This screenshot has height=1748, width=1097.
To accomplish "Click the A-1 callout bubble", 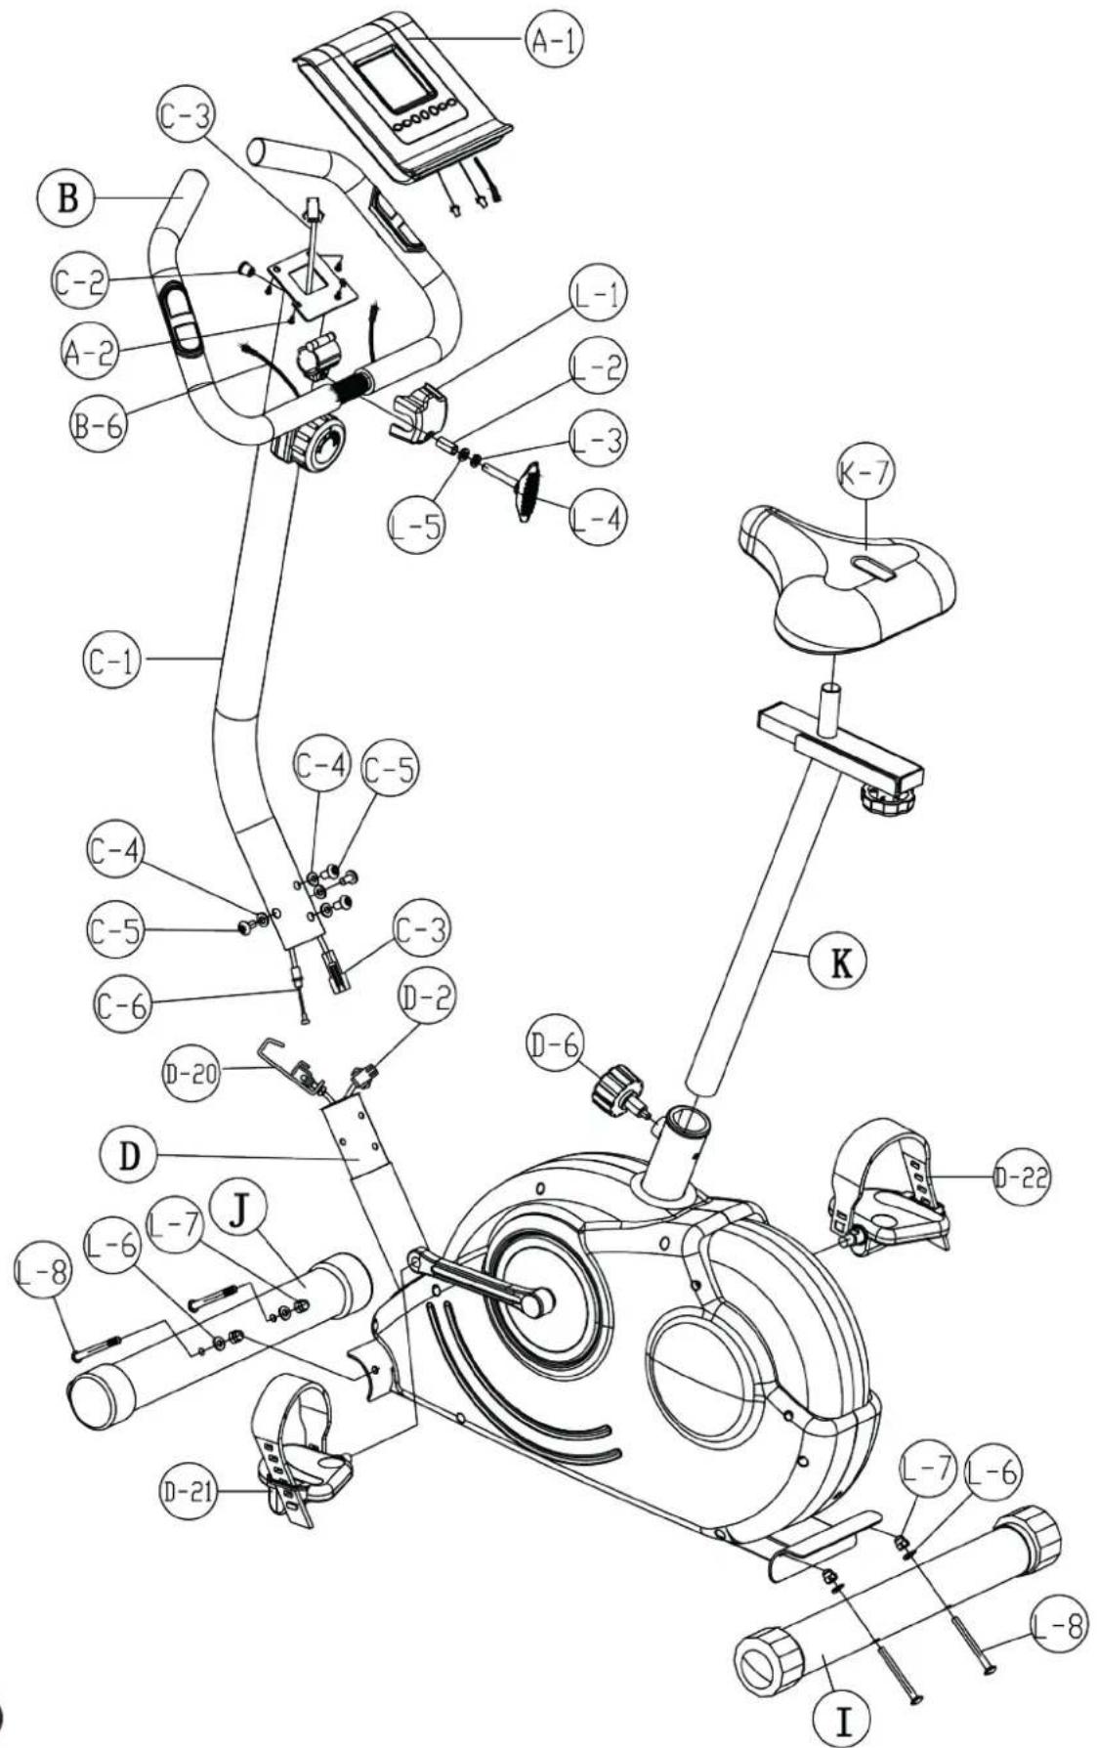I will pos(555,41).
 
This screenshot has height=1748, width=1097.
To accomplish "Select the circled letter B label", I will pos(66,199).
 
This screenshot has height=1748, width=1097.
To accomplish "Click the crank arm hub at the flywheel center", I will pos(538,1300).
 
